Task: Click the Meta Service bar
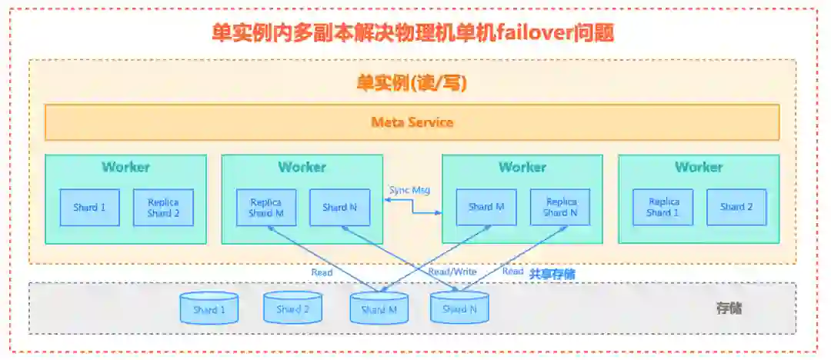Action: pyautogui.click(x=412, y=122)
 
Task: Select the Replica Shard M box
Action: pyautogui.click(x=265, y=208)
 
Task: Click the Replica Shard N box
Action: pyautogui.click(x=560, y=208)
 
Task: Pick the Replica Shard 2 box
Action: pyautogui.click(x=163, y=208)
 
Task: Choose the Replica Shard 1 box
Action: pyautogui.click(x=662, y=208)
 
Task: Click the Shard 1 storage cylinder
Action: pyautogui.click(x=209, y=308)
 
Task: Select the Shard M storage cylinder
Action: pyautogui.click(x=379, y=308)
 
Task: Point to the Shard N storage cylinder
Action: pyautogui.click(x=459, y=308)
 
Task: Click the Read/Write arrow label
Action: pyautogui.click(x=452, y=272)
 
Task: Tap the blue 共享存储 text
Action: pyautogui.click(x=552, y=273)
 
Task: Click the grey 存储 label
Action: pyautogui.click(x=729, y=308)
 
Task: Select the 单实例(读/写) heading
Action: pyautogui.click(x=412, y=83)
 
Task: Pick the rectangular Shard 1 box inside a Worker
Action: pyautogui.click(x=90, y=208)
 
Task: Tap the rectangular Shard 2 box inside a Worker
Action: pyautogui.click(x=736, y=208)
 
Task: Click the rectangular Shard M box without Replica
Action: pyautogui.click(x=486, y=208)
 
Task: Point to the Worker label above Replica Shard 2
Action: pyautogui.click(x=125, y=167)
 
